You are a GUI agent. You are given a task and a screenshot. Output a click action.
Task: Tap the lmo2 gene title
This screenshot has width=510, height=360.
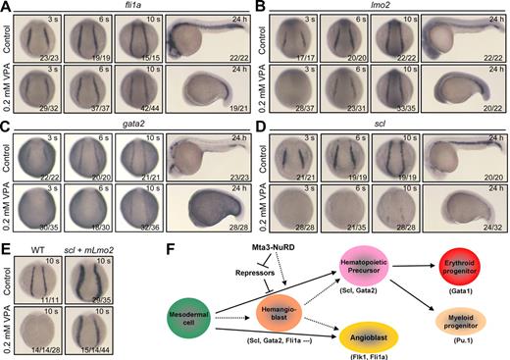click(x=382, y=8)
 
